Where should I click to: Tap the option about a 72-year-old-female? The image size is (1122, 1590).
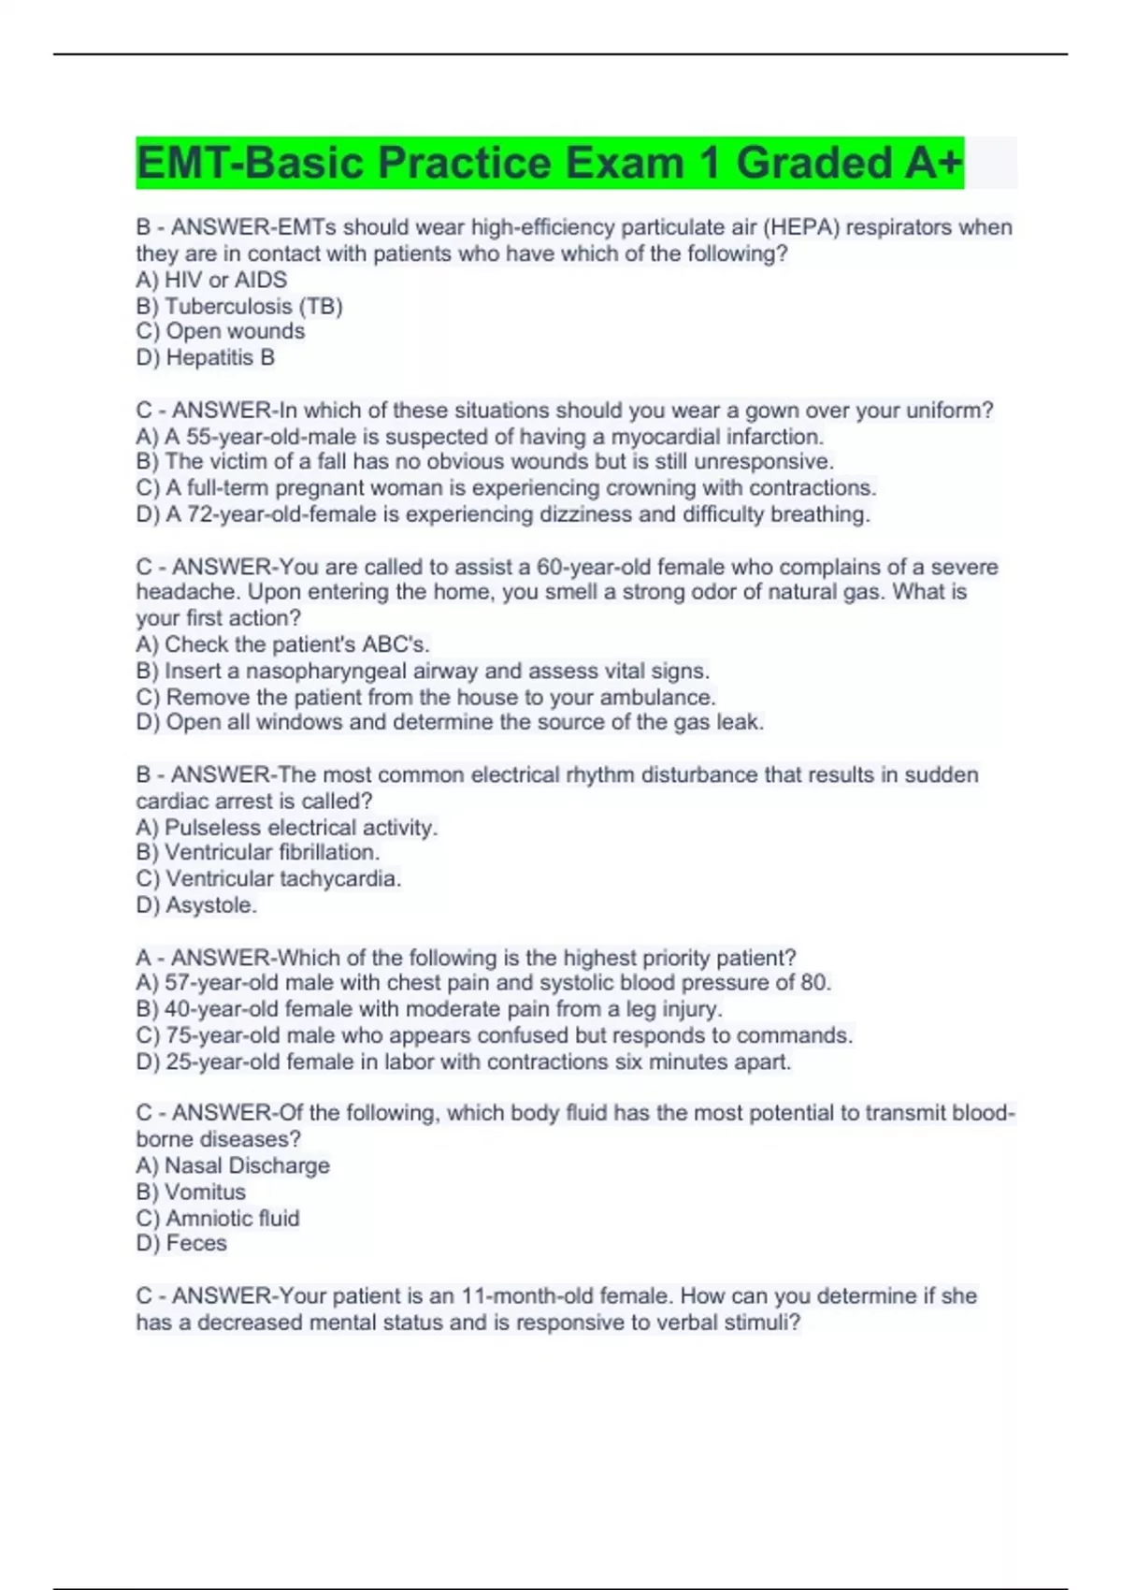pos(503,514)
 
